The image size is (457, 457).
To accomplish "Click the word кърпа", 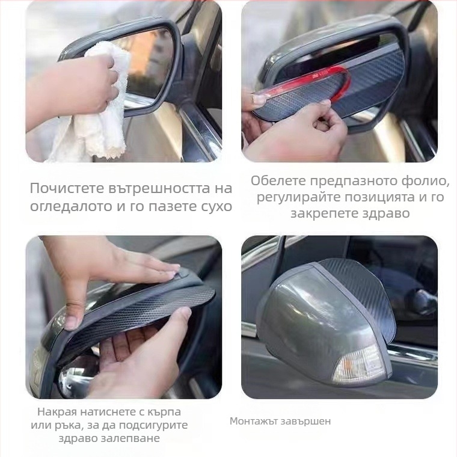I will [x=163, y=412].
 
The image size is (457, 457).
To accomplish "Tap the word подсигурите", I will [x=155, y=425].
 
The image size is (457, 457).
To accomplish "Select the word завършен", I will [x=307, y=421].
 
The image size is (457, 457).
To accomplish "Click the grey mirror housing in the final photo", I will [x=301, y=325].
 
